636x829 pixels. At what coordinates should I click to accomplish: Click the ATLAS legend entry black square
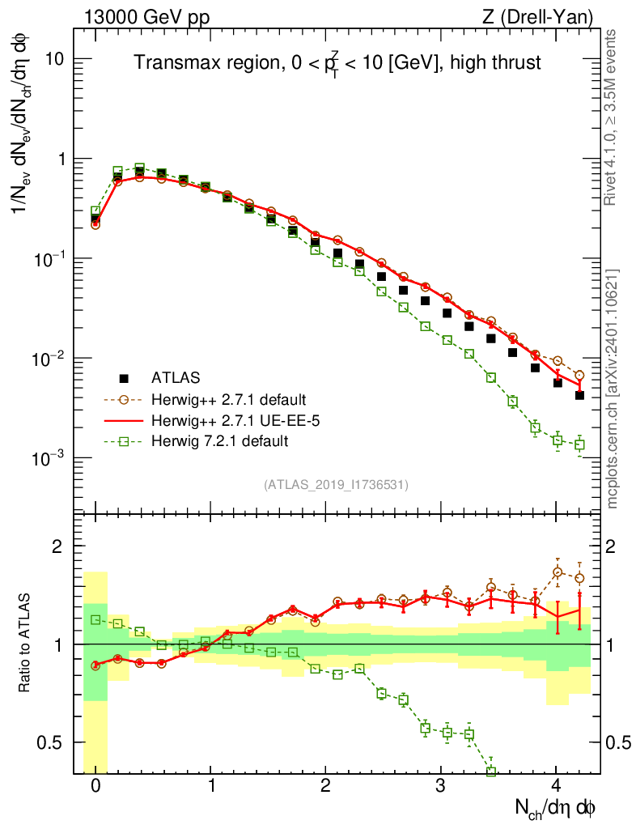point(124,377)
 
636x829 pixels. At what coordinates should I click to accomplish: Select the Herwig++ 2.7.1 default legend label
point(228,399)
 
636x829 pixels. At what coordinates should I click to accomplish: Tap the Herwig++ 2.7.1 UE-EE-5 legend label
point(227,420)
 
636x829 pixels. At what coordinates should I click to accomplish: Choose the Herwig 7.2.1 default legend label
point(219,441)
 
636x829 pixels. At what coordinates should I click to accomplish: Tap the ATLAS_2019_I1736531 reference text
point(336,485)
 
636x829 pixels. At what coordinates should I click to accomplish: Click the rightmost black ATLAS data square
point(579,395)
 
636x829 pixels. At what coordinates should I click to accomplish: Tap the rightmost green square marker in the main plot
point(579,444)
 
